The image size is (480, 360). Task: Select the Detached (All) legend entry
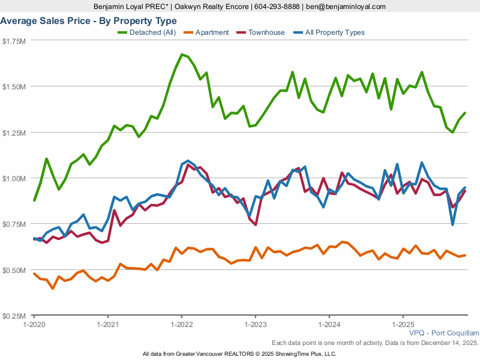point(147,32)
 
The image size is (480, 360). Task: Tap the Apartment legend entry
point(208,32)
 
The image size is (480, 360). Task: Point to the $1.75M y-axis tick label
point(14,41)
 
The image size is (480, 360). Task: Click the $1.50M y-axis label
point(14,86)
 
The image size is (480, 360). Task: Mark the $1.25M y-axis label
point(14,133)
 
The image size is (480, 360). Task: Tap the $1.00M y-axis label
point(14,178)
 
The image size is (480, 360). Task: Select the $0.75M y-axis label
point(14,224)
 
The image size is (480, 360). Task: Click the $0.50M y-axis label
point(14,270)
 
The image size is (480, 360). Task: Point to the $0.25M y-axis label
point(14,316)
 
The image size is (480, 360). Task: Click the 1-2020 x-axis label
point(34,324)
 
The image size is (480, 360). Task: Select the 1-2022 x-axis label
point(181,324)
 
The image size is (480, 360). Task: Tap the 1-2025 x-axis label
point(403,324)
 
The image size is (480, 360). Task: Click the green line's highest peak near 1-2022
point(181,55)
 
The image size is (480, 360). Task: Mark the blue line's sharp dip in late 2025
point(452,224)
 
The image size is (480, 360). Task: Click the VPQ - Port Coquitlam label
point(444,333)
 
